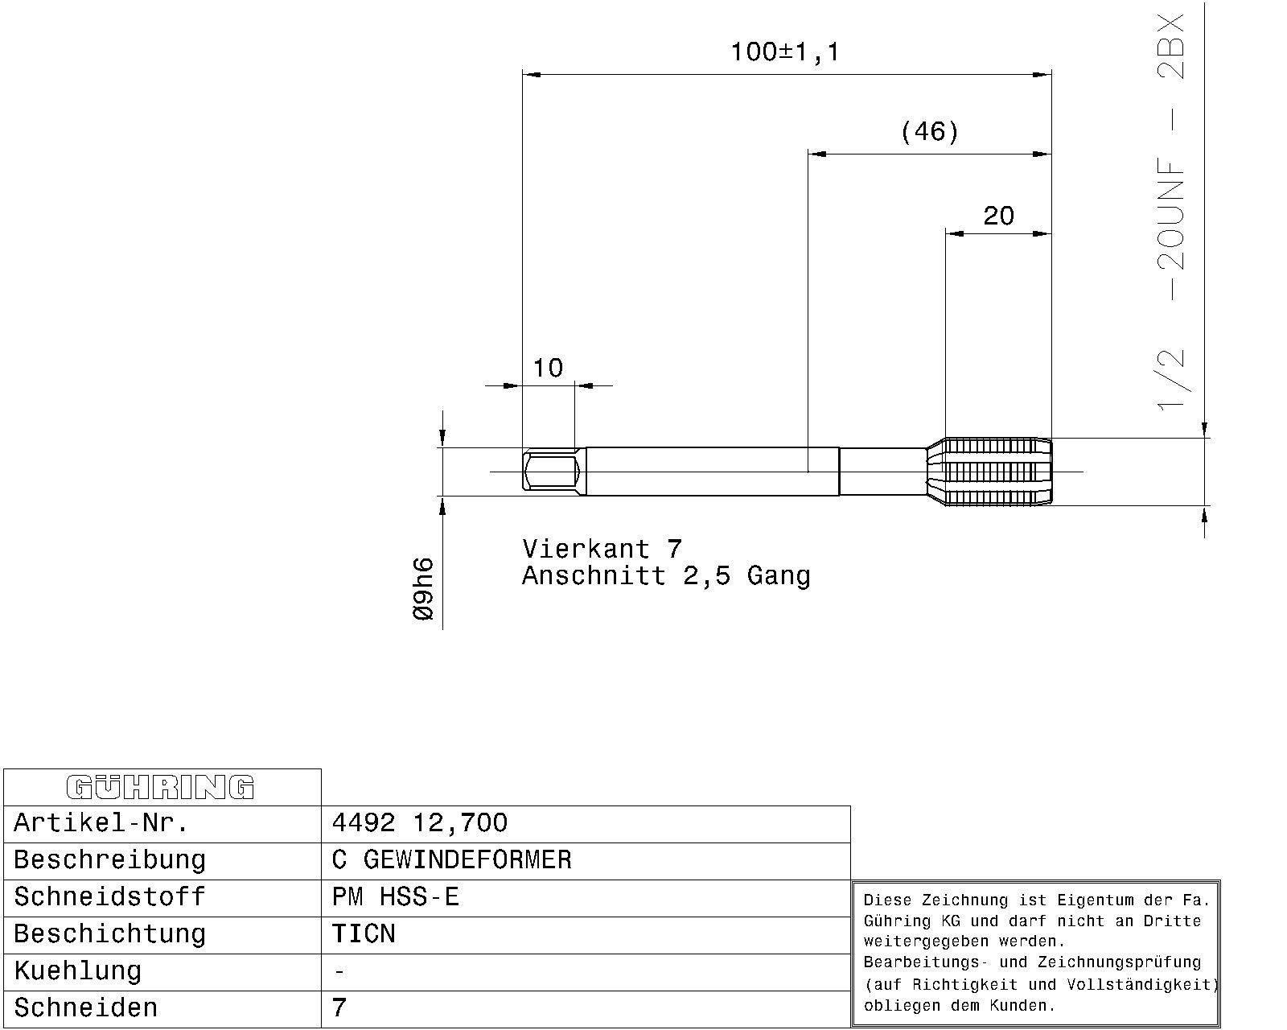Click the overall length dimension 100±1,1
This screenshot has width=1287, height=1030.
(x=785, y=52)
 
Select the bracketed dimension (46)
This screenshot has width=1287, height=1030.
(x=929, y=131)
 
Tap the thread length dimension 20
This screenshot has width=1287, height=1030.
(x=998, y=216)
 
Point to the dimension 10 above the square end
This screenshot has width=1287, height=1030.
(x=548, y=368)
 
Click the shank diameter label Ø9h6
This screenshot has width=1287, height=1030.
(x=423, y=589)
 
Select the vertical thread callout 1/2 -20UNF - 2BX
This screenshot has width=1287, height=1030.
(x=1170, y=212)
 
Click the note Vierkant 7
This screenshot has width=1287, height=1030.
(x=602, y=549)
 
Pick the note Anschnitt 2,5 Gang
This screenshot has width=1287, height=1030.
(x=666, y=575)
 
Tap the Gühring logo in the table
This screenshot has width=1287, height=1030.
(x=160, y=787)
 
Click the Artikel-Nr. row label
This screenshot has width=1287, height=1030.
(x=101, y=823)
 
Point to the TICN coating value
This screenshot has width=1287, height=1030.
(x=364, y=934)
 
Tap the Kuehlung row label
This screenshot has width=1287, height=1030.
(x=78, y=971)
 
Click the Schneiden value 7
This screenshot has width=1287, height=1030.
(x=339, y=1007)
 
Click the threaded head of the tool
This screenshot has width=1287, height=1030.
(x=990, y=472)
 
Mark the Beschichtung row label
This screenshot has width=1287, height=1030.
(x=110, y=934)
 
